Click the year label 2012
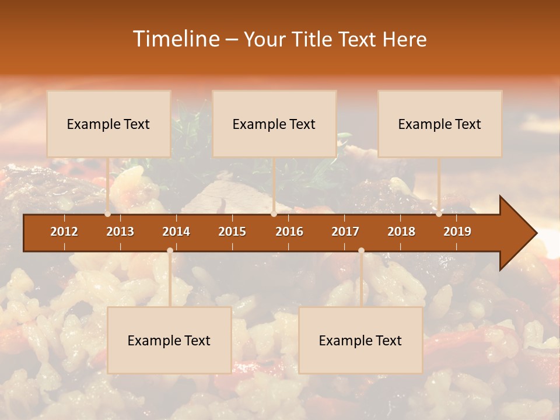(x=64, y=232)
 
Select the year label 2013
(x=120, y=232)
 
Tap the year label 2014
(x=176, y=232)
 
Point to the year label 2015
(x=232, y=232)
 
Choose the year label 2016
(x=289, y=232)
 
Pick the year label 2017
(x=345, y=232)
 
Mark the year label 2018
(x=401, y=232)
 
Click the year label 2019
(x=457, y=232)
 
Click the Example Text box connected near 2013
(x=108, y=124)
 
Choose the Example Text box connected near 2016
(x=274, y=124)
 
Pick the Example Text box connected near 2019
(x=440, y=124)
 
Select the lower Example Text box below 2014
(x=169, y=340)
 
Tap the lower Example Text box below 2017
(x=360, y=340)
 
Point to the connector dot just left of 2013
(x=107, y=214)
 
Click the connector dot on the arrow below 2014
(x=170, y=250)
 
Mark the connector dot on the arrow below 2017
(x=361, y=250)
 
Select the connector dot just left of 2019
(x=439, y=214)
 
